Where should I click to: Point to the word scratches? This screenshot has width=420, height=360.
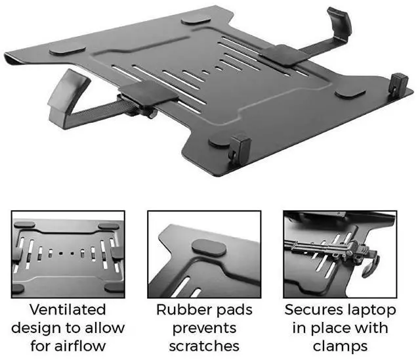pos(204,346)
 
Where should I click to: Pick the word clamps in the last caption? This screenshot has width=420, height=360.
pos(339,346)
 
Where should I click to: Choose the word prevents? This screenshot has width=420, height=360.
pos(204,328)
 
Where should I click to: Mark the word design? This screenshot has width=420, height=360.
pos(41,328)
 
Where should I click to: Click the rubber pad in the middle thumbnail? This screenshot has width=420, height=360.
pos(205,250)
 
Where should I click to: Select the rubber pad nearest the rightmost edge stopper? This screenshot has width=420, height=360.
pos(351,92)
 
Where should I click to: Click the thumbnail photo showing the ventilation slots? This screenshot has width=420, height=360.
pos(68,254)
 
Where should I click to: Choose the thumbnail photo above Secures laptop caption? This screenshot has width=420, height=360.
pos(339,254)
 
